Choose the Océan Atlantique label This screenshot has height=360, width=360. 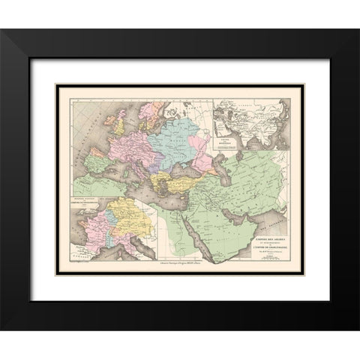coord(75,142)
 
